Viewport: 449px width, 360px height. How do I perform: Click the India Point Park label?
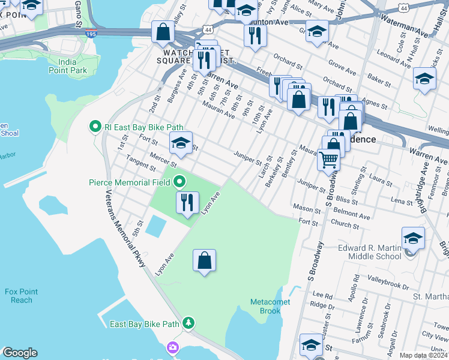pyautogui.click(x=80, y=66)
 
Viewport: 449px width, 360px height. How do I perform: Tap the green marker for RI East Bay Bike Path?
pyautogui.click(x=94, y=127)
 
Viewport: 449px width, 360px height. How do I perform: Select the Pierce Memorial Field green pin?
pyautogui.click(x=181, y=181)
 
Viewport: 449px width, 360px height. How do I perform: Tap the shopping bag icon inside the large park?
pyautogui.click(x=204, y=260)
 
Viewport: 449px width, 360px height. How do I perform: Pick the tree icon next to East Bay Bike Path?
pyautogui.click(x=189, y=324)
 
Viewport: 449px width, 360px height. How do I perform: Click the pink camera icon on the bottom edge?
pyautogui.click(x=173, y=348)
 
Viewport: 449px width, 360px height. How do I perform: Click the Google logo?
pyautogui.click(x=19, y=353)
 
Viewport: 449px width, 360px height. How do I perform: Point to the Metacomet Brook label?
pyautogui.click(x=271, y=306)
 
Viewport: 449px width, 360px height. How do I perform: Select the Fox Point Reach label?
pyautogui.click(x=22, y=296)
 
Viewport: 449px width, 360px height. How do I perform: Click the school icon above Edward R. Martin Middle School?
pyautogui.click(x=412, y=237)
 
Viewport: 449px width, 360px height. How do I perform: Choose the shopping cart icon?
pyautogui.click(x=328, y=160)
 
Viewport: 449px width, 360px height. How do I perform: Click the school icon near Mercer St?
pyautogui.click(x=181, y=143)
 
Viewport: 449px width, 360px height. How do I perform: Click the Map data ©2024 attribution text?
pyautogui.click(x=423, y=355)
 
